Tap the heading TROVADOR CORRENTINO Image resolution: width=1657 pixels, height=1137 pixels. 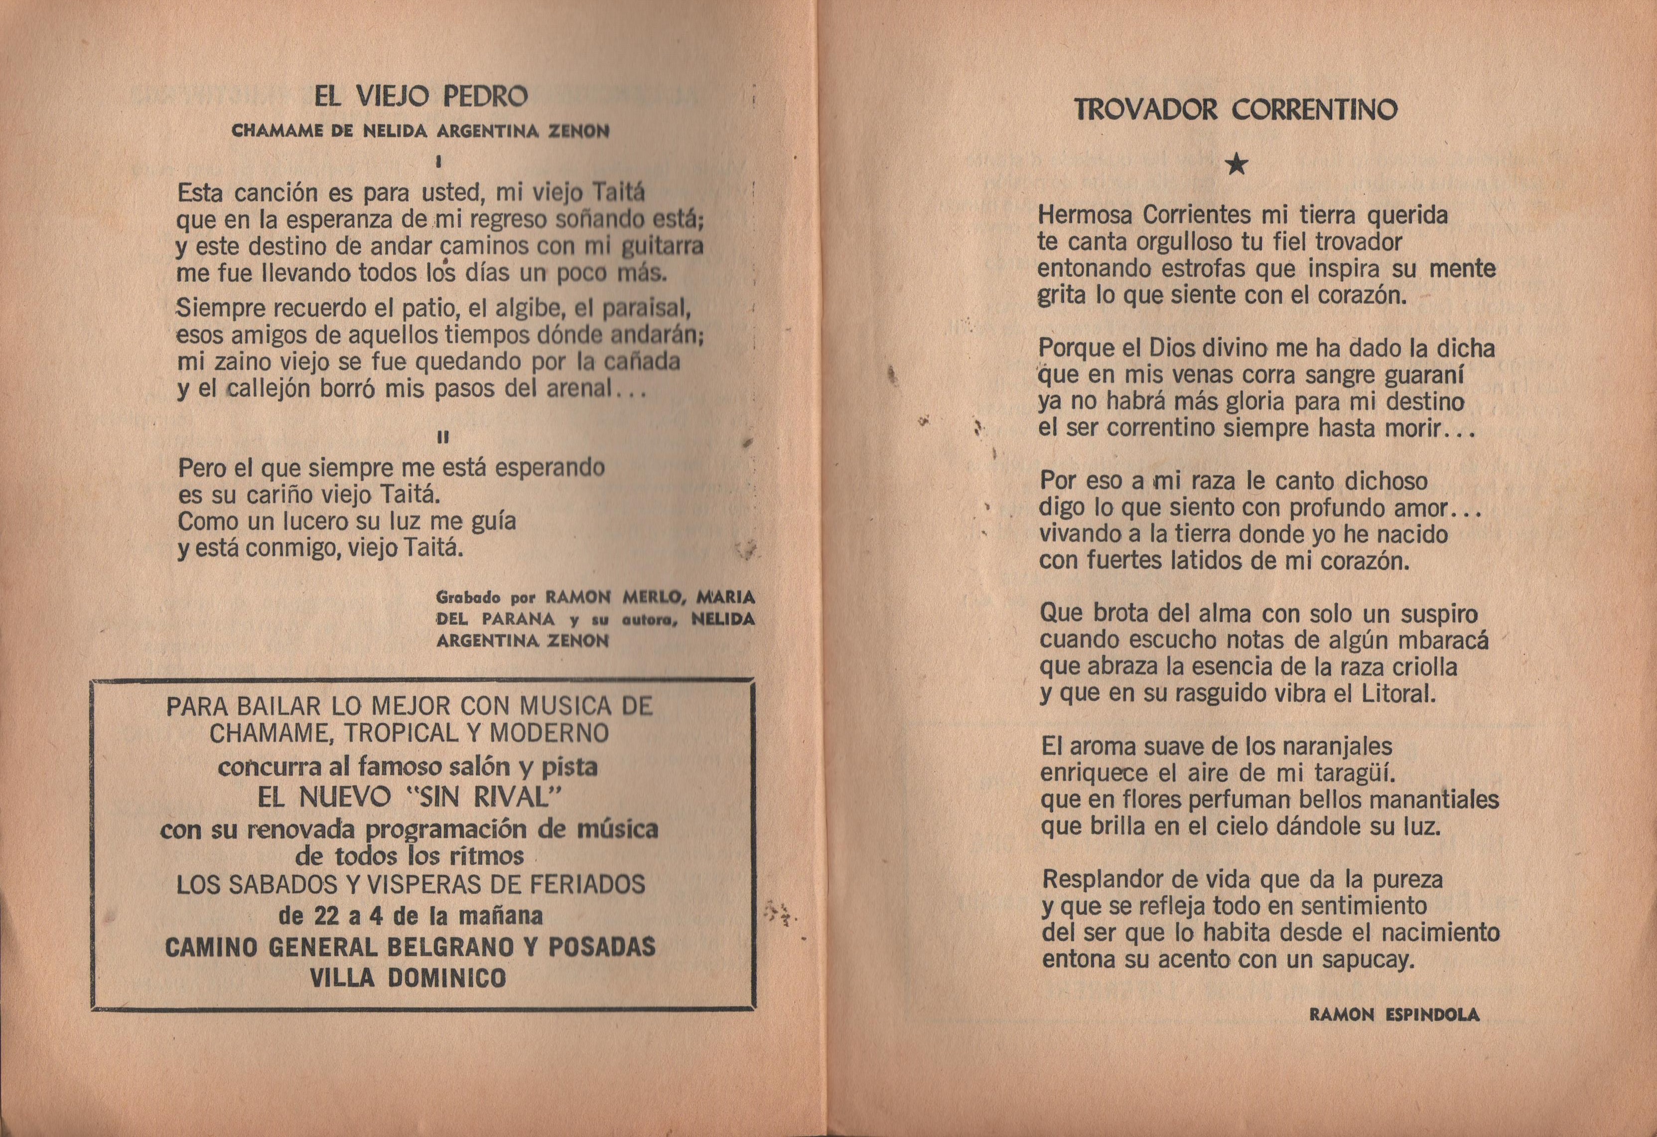pos(1236,110)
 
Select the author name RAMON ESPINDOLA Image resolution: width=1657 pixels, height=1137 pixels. pos(1394,1015)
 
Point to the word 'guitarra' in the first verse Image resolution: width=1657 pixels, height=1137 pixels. pos(663,247)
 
